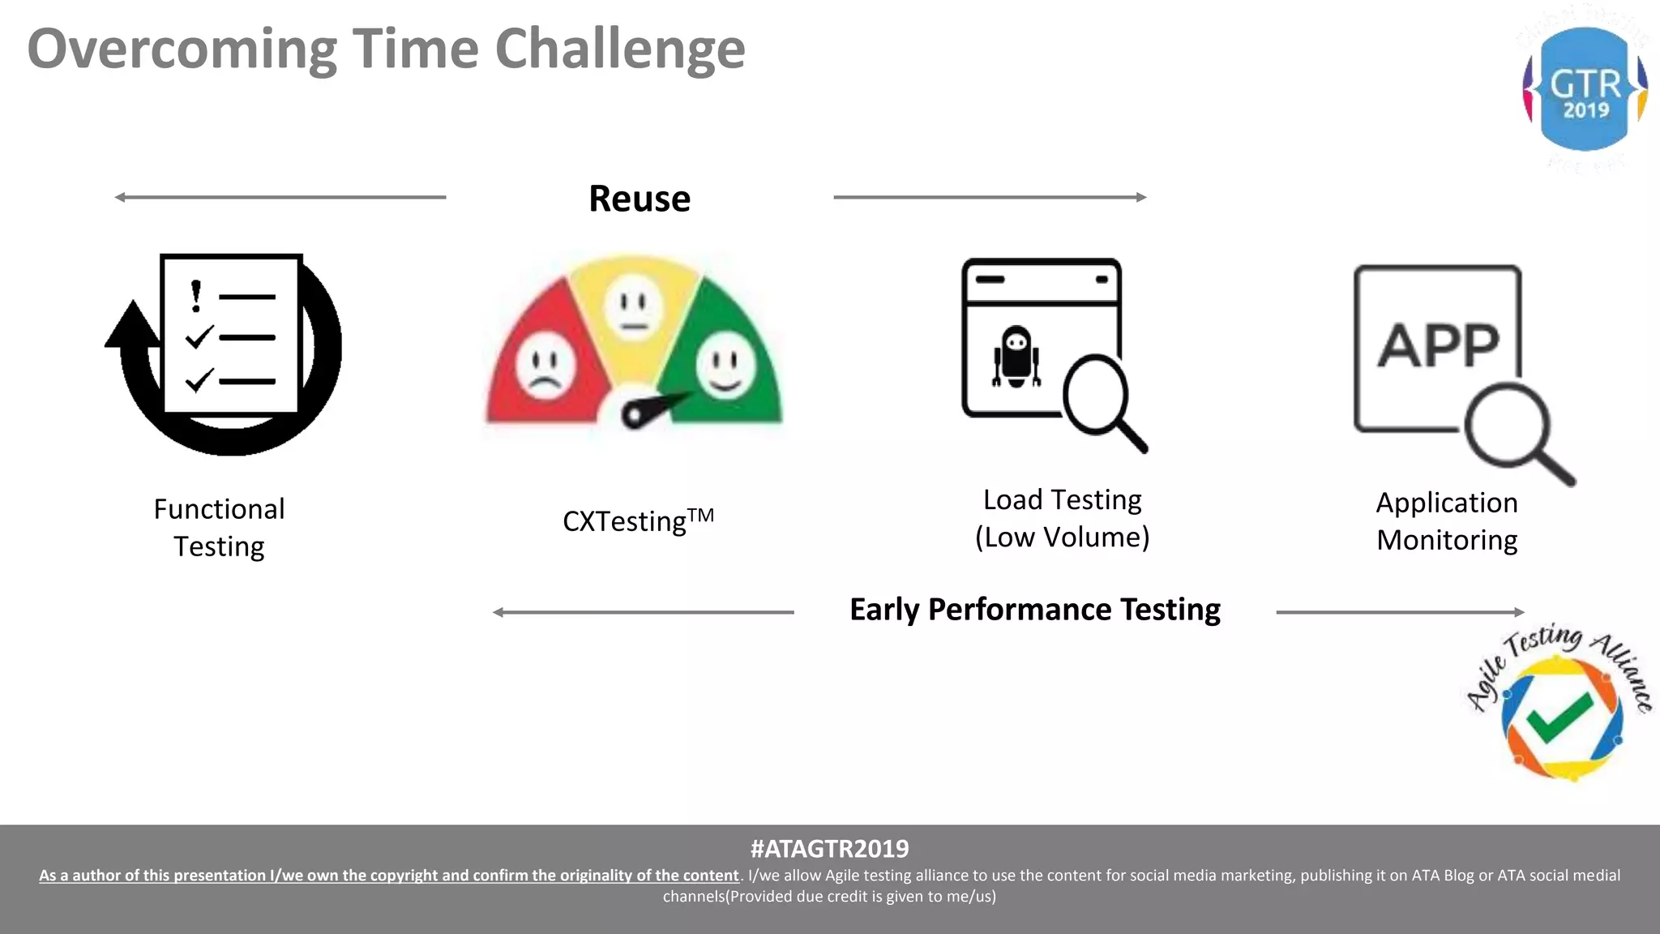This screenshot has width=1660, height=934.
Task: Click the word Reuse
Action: [640, 199]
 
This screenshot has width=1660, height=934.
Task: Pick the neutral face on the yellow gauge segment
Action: [634, 309]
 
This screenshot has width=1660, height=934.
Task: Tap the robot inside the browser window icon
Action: [1016, 357]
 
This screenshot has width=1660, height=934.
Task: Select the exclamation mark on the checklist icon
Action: [195, 296]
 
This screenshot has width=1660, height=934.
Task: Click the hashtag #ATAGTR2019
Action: [829, 849]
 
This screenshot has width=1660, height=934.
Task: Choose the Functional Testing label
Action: [219, 528]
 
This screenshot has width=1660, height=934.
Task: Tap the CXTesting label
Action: [638, 520]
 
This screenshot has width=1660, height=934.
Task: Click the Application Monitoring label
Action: [1447, 521]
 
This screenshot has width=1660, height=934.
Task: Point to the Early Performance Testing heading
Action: [1034, 610]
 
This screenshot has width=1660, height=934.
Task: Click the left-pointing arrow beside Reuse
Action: [280, 197]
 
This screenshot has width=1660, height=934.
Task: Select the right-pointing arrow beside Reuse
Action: [990, 197]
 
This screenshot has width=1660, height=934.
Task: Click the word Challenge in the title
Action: [619, 50]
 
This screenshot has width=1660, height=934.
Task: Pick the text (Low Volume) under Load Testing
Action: [1062, 538]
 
